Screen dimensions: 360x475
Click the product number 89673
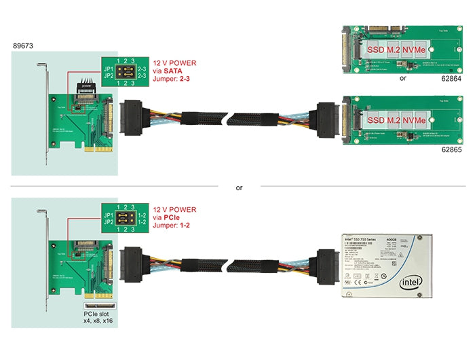(22, 46)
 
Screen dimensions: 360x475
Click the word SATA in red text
(174, 71)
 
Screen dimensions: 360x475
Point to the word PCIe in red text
(173, 218)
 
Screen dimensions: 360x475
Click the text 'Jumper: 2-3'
(174, 79)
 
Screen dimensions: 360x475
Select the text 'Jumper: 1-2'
(174, 226)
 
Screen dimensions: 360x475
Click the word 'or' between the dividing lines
(239, 187)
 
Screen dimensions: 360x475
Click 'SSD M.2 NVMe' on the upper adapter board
(396, 50)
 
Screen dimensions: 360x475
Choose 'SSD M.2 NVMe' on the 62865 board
(396, 120)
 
